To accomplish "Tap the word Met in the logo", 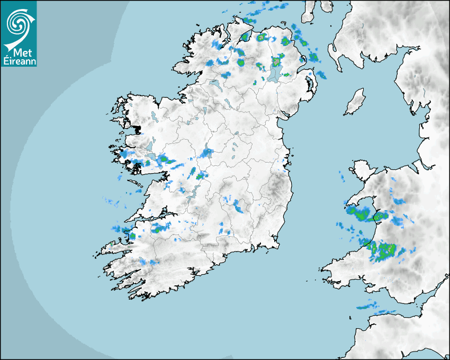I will [19, 52].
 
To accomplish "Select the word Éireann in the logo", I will [19, 61].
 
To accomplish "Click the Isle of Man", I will [355, 102].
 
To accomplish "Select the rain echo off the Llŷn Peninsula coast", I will [358, 213].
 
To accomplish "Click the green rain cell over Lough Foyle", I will [245, 37].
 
